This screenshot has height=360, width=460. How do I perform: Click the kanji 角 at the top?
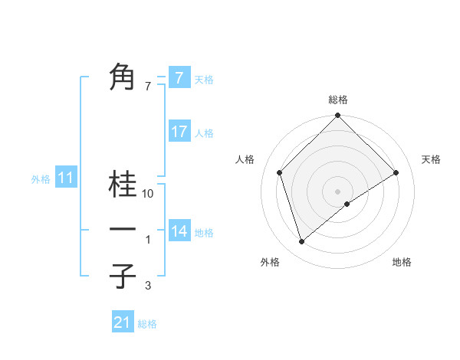tap(123, 77)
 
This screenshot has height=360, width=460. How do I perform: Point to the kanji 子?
tap(123, 275)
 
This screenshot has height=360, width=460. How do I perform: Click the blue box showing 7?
tap(179, 77)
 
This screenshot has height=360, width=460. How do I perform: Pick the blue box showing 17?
tap(179, 132)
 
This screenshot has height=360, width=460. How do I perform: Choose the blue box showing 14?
tap(179, 231)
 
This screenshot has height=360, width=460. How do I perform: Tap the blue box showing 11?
tap(65, 178)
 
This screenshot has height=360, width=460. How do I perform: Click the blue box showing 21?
tap(123, 322)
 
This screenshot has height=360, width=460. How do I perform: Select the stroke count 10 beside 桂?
tap(148, 195)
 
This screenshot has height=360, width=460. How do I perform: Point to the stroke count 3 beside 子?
tap(148, 285)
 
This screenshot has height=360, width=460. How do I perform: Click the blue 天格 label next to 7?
tap(204, 79)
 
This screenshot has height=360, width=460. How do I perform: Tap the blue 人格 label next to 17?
tap(204, 133)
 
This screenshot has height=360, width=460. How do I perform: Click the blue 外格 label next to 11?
tap(41, 180)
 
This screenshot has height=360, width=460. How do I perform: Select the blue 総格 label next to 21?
tap(147, 324)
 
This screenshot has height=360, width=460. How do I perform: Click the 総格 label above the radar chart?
tap(337, 100)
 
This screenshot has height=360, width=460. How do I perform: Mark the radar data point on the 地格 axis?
tap(347, 204)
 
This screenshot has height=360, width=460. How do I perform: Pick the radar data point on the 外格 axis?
tap(302, 241)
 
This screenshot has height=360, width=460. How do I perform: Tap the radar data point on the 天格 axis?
tap(396, 172)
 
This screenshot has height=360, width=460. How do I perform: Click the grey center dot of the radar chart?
tap(337, 191)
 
